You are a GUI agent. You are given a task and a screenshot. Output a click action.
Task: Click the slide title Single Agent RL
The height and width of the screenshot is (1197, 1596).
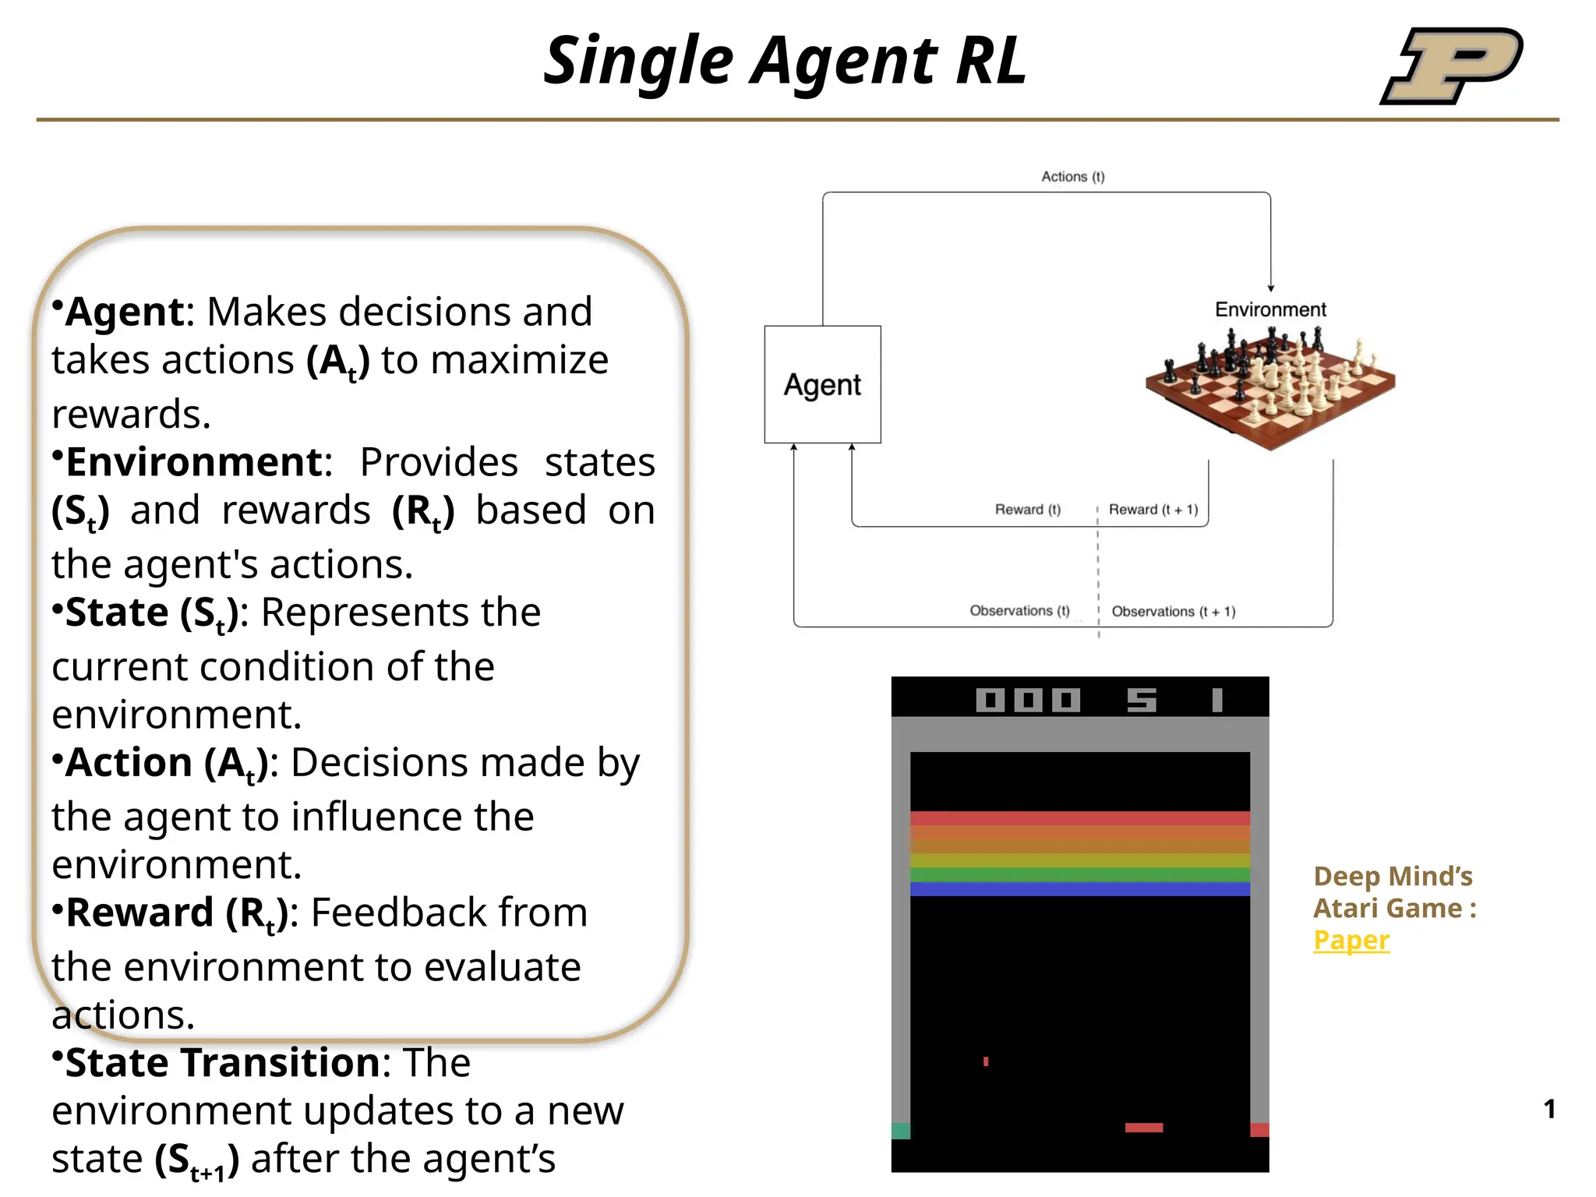pyautogui.click(x=784, y=61)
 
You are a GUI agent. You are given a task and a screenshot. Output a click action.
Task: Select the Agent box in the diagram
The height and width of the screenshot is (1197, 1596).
pyautogui.click(x=822, y=384)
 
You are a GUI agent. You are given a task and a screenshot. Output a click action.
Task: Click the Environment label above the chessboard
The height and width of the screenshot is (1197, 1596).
pyautogui.click(x=1269, y=309)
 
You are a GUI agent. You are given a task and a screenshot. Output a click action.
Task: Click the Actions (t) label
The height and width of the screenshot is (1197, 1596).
pyautogui.click(x=1072, y=177)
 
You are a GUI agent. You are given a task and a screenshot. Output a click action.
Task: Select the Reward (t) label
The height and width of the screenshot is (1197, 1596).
pyautogui.click(x=1027, y=510)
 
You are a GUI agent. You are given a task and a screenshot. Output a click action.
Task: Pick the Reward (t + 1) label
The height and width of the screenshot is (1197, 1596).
pyautogui.click(x=1153, y=510)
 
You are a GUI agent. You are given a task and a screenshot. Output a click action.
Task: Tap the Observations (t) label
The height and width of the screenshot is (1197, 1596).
pyautogui.click(x=1019, y=611)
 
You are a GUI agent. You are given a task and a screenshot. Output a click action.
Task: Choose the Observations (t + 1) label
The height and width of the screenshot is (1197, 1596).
pyautogui.click(x=1173, y=612)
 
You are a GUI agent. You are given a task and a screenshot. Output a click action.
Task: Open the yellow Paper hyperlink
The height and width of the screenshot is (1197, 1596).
pyautogui.click(x=1351, y=940)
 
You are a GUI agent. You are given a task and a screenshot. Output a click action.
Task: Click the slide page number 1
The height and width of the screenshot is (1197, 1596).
pyautogui.click(x=1549, y=1109)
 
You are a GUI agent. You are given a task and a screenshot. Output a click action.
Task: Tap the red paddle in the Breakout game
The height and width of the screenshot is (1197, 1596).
pyautogui.click(x=1143, y=1128)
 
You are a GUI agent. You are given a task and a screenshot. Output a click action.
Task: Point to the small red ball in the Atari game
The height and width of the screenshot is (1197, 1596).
pyautogui.click(x=986, y=1061)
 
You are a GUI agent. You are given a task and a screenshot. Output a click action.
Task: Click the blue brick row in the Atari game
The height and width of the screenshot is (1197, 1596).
pyautogui.click(x=1079, y=889)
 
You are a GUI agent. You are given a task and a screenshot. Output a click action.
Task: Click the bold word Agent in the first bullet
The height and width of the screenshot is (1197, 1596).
pyautogui.click(x=125, y=312)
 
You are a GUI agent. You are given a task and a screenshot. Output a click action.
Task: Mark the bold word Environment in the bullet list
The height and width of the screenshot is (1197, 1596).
pyautogui.click(x=193, y=462)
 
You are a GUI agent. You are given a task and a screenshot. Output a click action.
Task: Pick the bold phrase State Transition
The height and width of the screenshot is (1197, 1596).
pyautogui.click(x=222, y=1063)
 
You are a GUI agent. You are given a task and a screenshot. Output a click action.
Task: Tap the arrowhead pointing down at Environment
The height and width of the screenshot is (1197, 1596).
pyautogui.click(x=1270, y=288)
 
